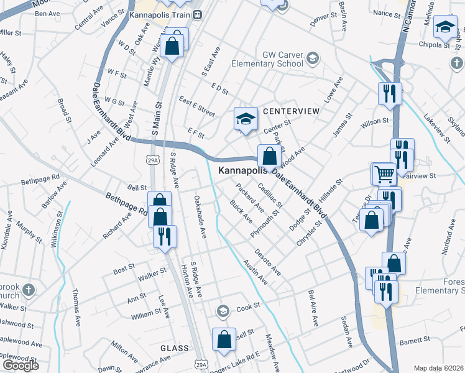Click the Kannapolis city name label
point(243,170)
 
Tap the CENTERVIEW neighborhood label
point(291,111)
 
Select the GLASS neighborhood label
point(174,349)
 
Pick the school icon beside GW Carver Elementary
point(312,59)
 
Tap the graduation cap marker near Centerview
point(246,118)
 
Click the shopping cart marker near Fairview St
point(384,174)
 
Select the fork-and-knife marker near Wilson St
point(390,93)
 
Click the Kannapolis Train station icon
point(197,15)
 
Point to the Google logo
point(21,366)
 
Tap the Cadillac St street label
point(270,193)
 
